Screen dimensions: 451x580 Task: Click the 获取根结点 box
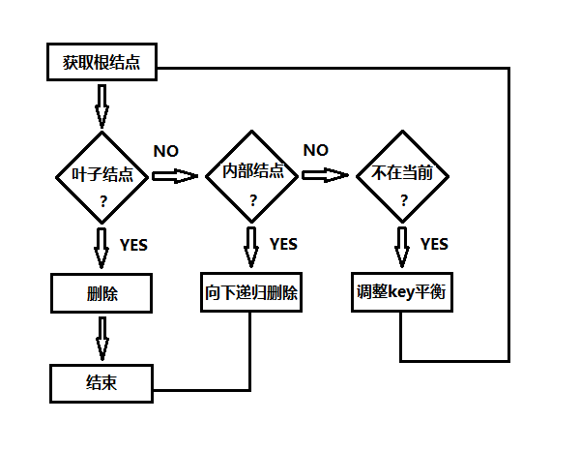[101, 65]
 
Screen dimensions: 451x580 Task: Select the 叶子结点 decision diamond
[102, 177]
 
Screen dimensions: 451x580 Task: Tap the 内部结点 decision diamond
[252, 175]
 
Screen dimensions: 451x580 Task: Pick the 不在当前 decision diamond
[402, 175]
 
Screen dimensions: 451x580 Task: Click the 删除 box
[101, 292]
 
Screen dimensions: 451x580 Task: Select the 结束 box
[101, 382]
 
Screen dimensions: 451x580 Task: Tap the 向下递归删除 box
[252, 292]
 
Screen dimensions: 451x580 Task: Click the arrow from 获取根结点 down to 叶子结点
[101, 105]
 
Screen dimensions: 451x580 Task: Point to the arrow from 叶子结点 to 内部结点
[174, 176]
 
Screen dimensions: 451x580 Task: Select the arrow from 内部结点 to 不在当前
[325, 175]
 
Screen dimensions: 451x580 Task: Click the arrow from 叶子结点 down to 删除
[101, 247]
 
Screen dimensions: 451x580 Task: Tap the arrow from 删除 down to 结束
[101, 338]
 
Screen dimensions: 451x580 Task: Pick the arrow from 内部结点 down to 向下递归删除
[251, 247]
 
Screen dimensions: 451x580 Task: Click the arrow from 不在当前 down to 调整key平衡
[402, 247]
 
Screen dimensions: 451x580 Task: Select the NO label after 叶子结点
[166, 151]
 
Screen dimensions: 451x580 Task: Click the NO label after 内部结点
[316, 150]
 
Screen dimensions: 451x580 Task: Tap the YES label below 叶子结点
[133, 245]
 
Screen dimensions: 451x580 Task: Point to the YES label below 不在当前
[434, 244]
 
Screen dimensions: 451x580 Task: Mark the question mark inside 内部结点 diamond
[252, 200]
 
